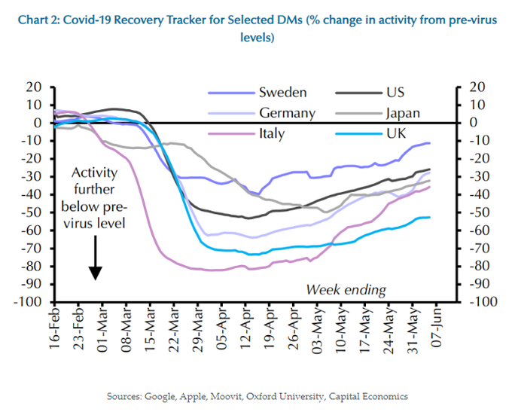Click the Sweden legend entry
282,93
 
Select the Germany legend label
287,114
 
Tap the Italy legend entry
273,135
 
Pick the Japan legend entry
402,114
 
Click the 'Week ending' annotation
346,289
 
